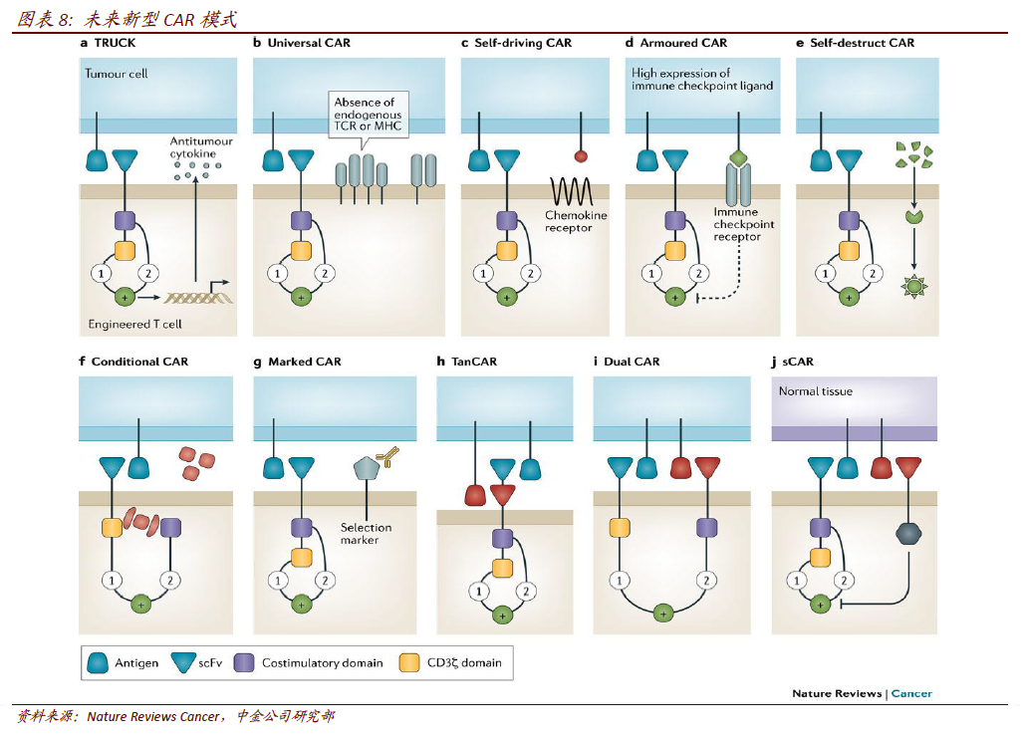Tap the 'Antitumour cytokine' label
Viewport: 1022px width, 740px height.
(201, 147)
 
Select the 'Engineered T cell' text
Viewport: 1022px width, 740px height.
(134, 324)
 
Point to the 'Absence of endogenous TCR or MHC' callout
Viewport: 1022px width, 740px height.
(364, 116)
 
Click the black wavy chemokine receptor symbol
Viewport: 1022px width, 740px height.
(572, 190)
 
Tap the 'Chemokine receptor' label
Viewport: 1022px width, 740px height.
(576, 221)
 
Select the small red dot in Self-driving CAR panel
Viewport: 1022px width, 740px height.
(581, 156)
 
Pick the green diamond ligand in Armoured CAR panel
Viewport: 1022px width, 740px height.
(738, 157)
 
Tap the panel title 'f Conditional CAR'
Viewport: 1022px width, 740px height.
(133, 362)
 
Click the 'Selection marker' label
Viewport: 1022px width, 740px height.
(366, 533)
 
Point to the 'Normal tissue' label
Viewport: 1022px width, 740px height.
(815, 391)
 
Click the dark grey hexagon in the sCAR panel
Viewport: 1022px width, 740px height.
(907, 534)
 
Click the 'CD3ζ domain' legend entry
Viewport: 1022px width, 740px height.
(452, 662)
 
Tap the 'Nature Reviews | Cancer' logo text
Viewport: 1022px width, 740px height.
(862, 693)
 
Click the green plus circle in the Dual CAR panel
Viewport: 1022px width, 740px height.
(662, 614)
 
